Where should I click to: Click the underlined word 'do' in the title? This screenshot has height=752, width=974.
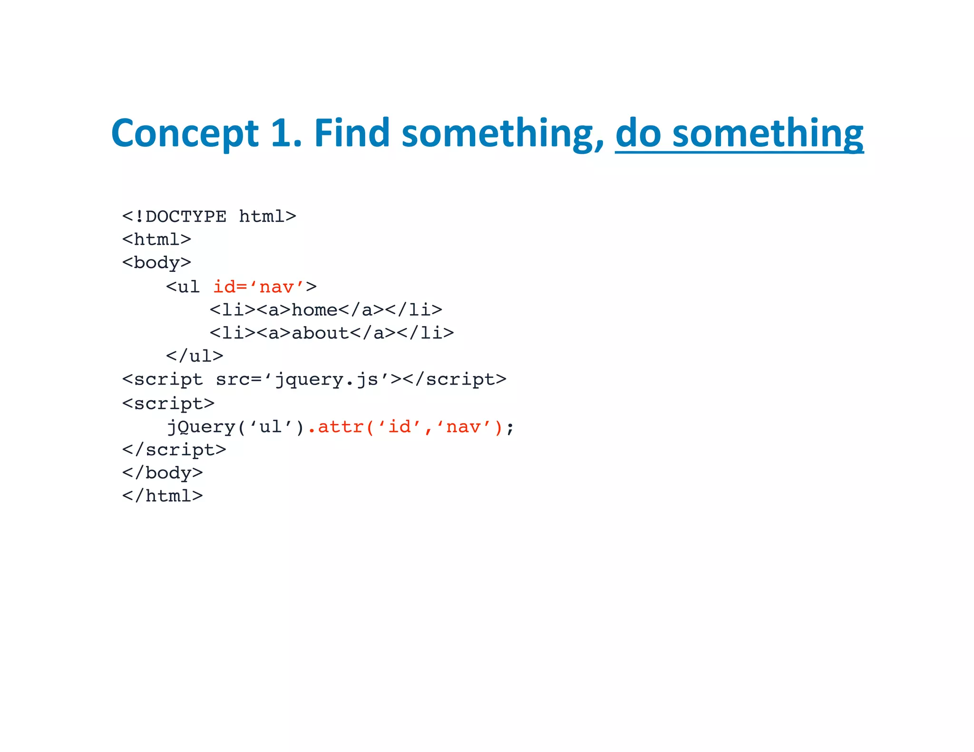pos(638,133)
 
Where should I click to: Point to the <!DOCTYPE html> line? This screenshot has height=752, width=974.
pos(209,217)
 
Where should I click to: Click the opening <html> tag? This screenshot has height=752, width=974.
pos(156,239)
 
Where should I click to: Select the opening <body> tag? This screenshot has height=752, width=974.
pos(156,262)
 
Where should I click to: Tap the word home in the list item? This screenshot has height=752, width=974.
pos(314,310)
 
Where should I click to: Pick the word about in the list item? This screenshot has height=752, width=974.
pos(320,333)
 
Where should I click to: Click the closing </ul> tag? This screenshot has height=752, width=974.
pos(195,356)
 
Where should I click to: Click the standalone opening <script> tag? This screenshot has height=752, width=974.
pos(168,403)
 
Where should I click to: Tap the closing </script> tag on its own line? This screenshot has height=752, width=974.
pos(174,450)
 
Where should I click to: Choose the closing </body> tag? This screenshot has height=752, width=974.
pos(163,472)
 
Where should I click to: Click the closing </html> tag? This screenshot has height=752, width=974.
pos(163,496)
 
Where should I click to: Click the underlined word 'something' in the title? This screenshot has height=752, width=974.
pos(768,133)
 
